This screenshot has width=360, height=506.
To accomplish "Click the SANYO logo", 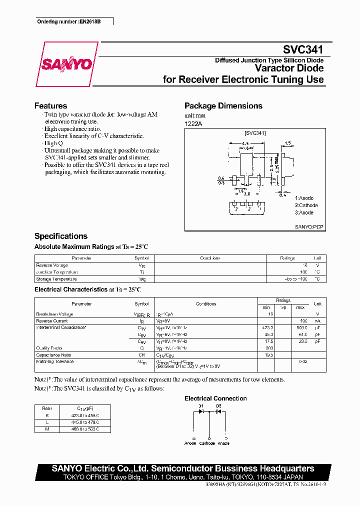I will [x=66, y=64].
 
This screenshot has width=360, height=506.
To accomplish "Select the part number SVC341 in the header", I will [x=303, y=50].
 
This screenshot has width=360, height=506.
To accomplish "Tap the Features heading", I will [x=50, y=106].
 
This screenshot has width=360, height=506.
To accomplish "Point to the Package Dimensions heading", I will [x=223, y=106].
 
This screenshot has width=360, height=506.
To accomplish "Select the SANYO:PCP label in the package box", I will [x=309, y=226].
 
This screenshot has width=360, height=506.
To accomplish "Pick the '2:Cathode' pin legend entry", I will [x=306, y=205].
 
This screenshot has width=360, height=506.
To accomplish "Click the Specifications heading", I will [x=60, y=236].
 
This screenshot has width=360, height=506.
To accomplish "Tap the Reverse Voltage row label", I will [x=52, y=265].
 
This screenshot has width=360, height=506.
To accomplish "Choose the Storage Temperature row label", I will [x=56, y=279].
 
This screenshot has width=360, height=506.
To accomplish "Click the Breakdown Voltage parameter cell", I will [x=54, y=314].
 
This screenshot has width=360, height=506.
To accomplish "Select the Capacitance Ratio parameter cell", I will [x=54, y=354].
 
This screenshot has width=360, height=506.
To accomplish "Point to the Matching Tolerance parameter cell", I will [x=55, y=361].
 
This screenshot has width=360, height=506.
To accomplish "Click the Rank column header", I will [x=47, y=408].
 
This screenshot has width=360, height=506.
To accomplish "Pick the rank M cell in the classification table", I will [x=47, y=429].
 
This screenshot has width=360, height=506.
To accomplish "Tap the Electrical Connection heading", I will [x=215, y=398].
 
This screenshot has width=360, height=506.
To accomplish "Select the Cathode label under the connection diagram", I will [x=207, y=443].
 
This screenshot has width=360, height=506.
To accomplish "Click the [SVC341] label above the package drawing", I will [x=255, y=133].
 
